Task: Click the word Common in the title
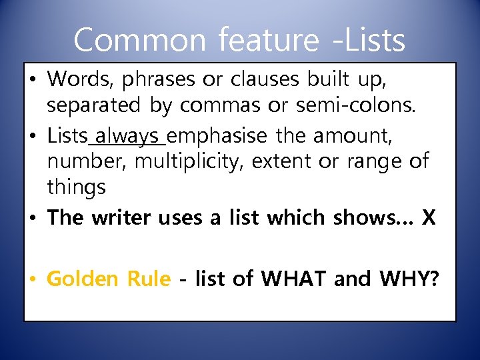(141, 40)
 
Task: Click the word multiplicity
(192, 161)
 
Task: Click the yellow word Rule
(147, 278)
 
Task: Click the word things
(76, 187)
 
